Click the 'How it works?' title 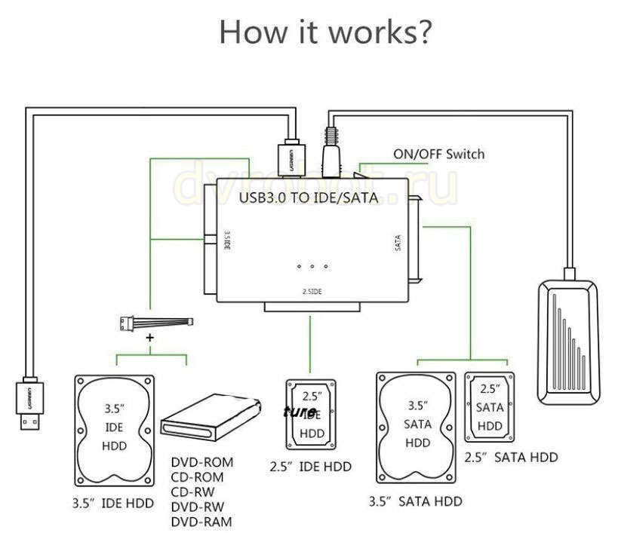point(325,32)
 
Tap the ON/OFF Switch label point(438,155)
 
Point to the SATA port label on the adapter point(398,243)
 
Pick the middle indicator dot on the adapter point(312,266)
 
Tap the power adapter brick point(567,338)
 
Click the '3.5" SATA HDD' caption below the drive point(415,501)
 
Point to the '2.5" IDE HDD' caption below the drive point(310,467)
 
